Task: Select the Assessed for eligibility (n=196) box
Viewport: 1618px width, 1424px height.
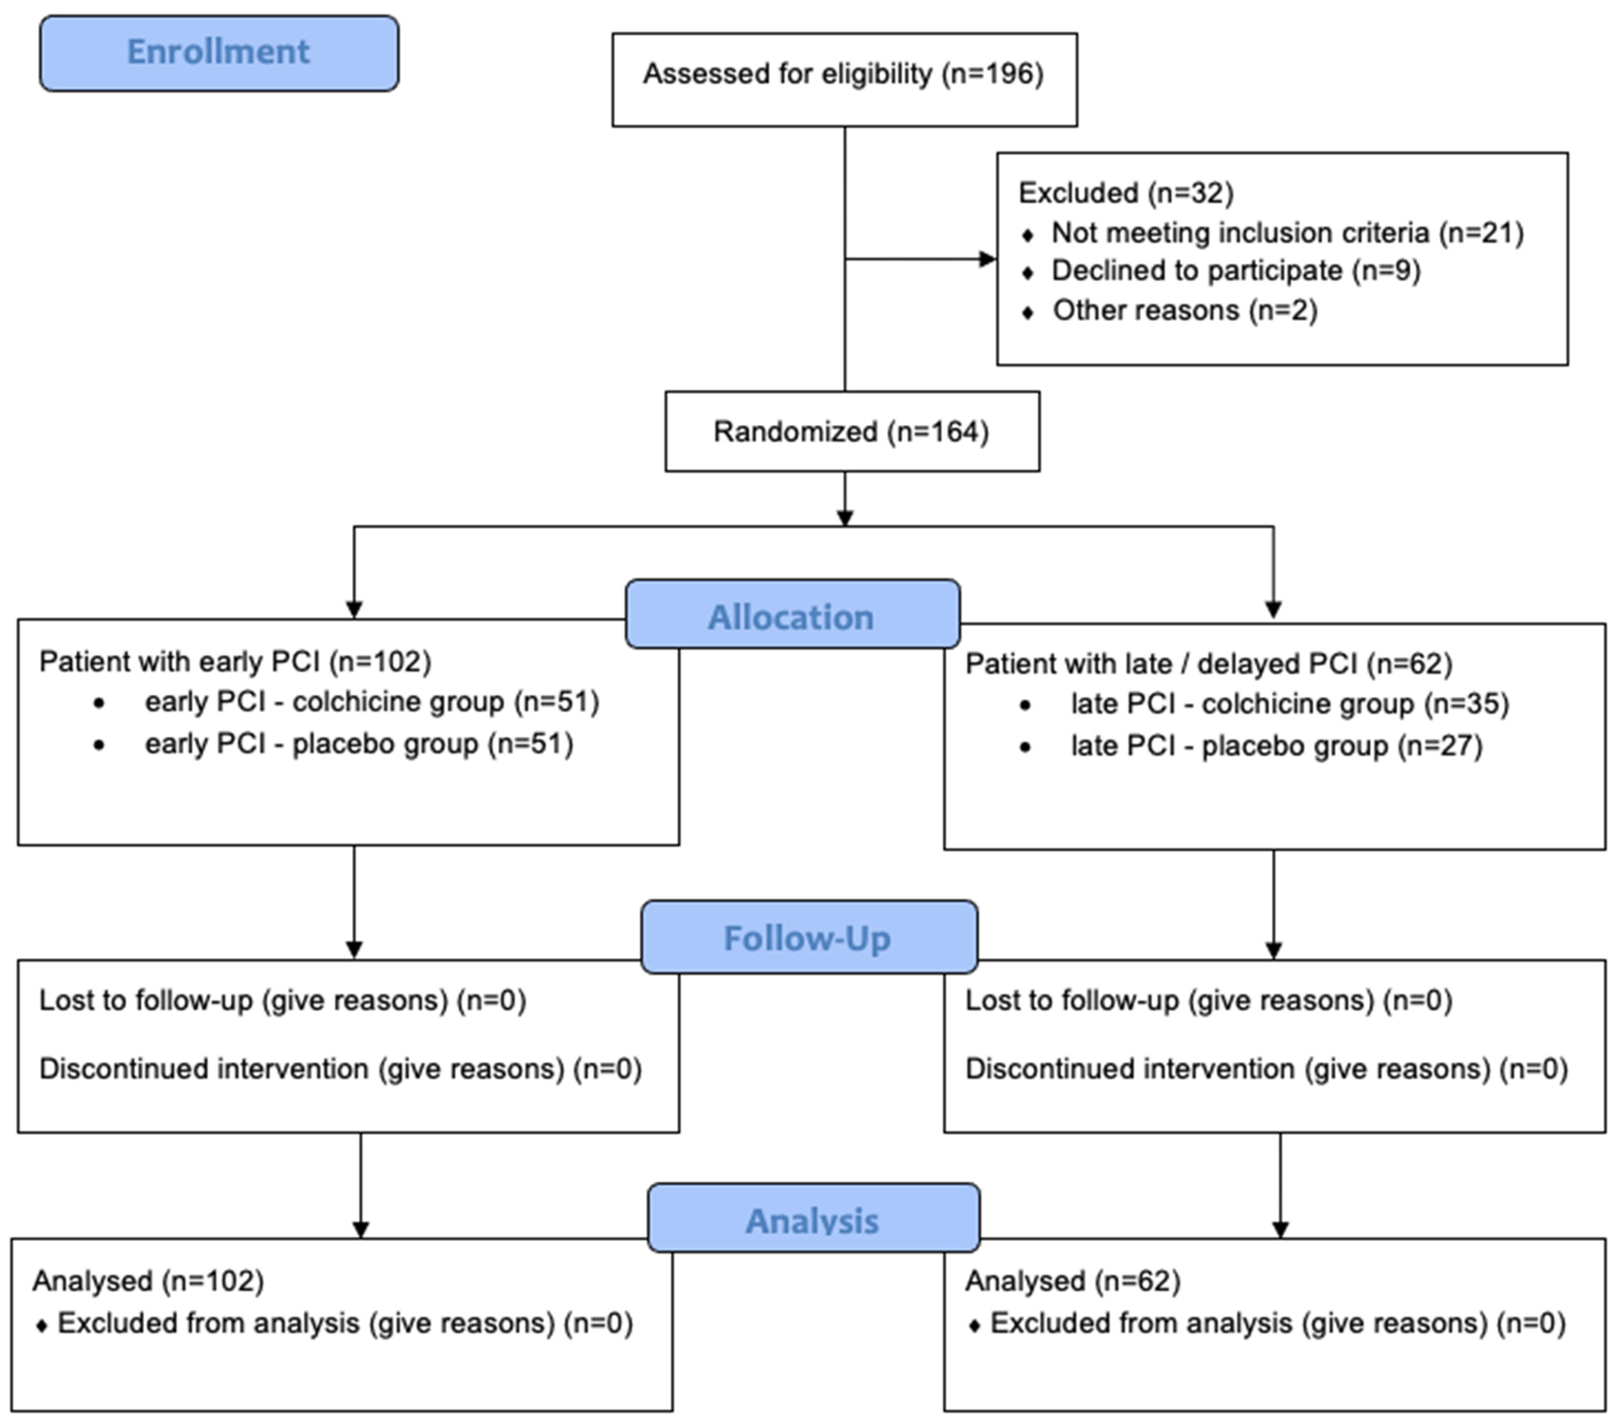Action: pyautogui.click(x=844, y=79)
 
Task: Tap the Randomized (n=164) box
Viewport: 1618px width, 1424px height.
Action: pyautogui.click(x=852, y=431)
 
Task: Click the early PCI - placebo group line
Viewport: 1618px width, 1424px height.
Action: pyautogui.click(x=359, y=744)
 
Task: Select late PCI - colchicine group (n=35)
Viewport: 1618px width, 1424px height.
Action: pyautogui.click(x=1290, y=704)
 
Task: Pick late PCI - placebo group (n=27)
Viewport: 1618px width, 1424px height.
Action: pyautogui.click(x=1276, y=746)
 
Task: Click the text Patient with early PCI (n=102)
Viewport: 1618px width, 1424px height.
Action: pyautogui.click(x=235, y=661)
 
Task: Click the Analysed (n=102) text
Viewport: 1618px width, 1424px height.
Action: pyautogui.click(x=148, y=1281)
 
